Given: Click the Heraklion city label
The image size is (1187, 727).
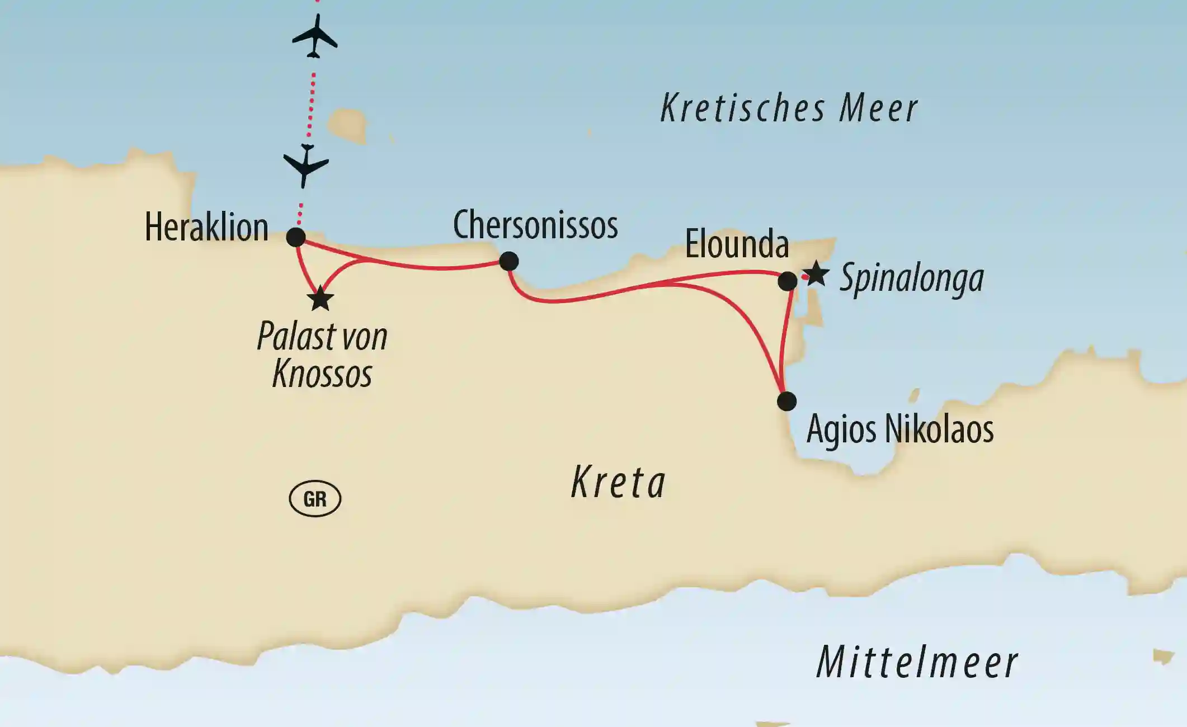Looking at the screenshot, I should coord(206,227).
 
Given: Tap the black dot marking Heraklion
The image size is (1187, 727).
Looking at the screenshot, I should coord(296,237).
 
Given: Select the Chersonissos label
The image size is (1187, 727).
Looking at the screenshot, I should coord(535,225).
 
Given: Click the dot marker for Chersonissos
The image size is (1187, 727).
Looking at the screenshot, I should coord(509,261).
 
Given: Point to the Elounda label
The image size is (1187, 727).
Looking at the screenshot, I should coord(737,244).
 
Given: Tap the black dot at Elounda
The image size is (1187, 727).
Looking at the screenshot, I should coord(788,281).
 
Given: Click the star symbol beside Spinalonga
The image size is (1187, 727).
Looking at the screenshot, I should coord(816,273).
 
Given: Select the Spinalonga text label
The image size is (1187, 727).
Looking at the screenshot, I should coord(912,278).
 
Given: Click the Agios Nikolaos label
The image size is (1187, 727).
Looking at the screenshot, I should coord(900,429).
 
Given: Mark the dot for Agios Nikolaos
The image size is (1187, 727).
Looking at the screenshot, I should coord(786,401).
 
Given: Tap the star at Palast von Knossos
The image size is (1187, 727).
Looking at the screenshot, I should coord(320,299).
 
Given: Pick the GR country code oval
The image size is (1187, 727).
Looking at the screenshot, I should coord(315,498).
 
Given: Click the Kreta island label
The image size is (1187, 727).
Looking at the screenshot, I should coord(618,483).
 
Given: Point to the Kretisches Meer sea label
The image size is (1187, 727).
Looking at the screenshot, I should coord(789,108).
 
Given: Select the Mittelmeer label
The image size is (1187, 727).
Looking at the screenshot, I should coord(917,663).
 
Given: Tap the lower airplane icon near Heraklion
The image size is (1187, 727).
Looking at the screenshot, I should coord(306,166).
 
